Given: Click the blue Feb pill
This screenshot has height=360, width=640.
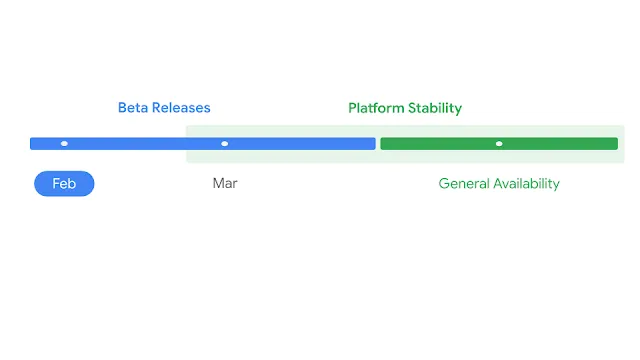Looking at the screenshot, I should (64, 184).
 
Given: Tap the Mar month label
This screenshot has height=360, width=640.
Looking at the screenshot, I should (225, 184).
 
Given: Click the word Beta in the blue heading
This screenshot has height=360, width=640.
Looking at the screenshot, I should (134, 108).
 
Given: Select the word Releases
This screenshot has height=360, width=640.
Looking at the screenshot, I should (182, 108).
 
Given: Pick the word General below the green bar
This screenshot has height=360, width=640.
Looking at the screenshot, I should (464, 184).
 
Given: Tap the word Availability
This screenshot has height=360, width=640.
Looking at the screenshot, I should (527, 184).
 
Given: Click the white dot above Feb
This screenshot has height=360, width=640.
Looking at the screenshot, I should (64, 144).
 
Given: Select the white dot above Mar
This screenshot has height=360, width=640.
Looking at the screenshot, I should (224, 144).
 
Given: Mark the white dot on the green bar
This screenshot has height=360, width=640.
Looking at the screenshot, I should (499, 144).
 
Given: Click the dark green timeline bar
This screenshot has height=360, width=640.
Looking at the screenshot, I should (440, 144).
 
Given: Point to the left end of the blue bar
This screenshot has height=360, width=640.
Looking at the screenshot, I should (33, 144).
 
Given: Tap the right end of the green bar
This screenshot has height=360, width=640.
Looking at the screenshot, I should (615, 144).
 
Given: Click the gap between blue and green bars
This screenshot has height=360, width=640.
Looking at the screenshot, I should (378, 144).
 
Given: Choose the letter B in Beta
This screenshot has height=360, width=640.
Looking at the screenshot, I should (123, 108).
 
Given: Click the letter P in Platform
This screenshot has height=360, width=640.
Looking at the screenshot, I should (352, 108).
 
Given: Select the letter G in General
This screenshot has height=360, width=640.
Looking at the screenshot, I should (444, 184).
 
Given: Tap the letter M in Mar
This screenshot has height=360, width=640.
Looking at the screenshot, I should (219, 184).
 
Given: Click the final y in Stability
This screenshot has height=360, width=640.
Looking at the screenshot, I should (458, 109).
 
